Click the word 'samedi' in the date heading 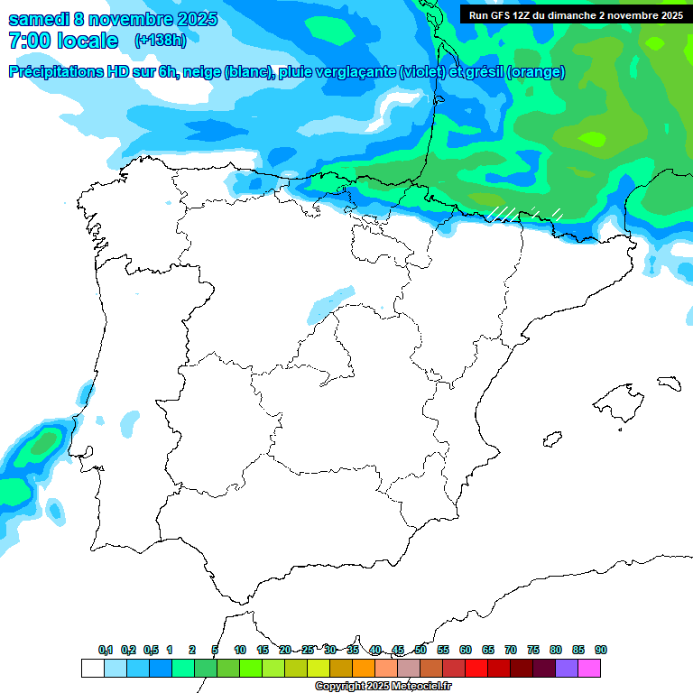tap(38, 19)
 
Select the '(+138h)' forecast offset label tap(160, 41)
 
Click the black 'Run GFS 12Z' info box tap(575, 14)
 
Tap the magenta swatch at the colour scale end tap(589, 669)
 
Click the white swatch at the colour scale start tap(92, 669)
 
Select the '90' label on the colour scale tap(601, 650)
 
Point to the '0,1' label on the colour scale tap(106, 650)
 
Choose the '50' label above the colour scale tap(420, 650)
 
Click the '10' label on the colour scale tap(240, 650)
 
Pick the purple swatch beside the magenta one tap(567, 669)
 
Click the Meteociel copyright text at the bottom tap(383, 687)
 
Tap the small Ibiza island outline tap(551, 439)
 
